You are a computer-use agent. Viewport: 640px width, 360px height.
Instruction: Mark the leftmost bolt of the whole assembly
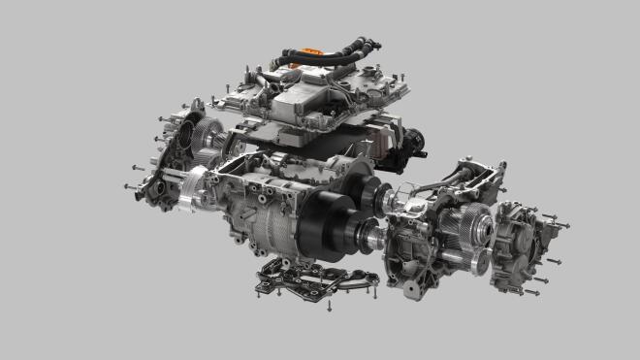click(129, 184)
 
